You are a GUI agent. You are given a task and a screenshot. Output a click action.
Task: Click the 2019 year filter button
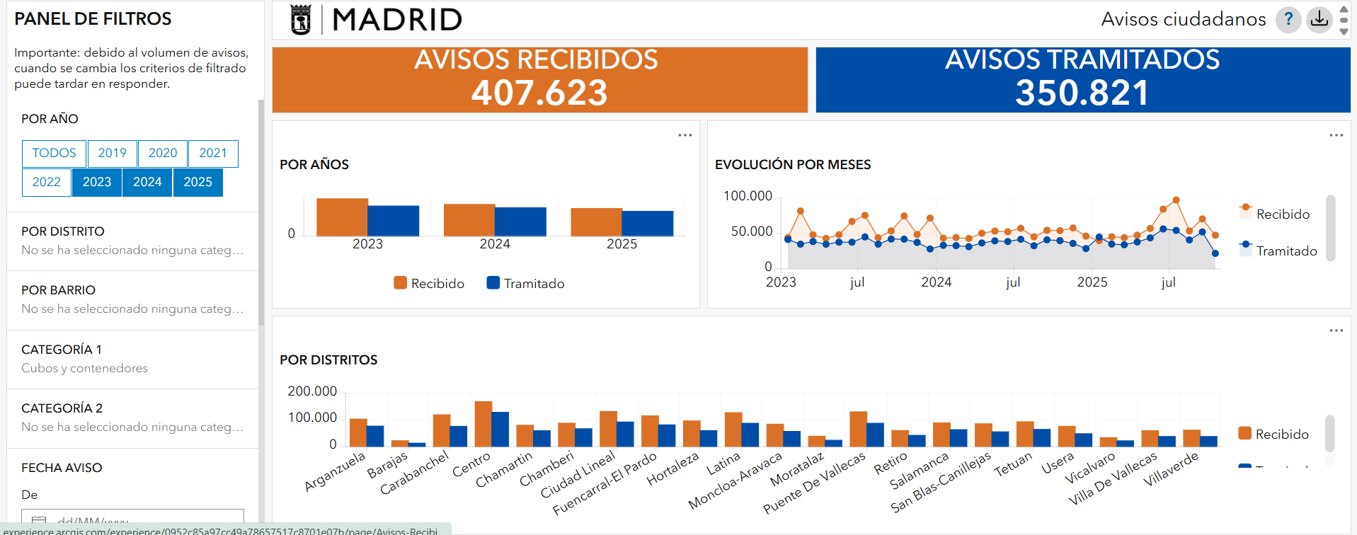coord(112,154)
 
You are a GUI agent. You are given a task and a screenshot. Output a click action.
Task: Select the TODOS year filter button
coord(54,154)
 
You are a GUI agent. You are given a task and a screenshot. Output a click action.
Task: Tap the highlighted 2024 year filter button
coord(147,183)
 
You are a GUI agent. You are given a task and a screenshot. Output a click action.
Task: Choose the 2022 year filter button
coord(47,183)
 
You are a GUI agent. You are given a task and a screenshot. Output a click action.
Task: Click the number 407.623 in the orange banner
coord(539,93)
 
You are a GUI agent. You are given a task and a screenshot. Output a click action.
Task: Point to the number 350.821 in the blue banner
coord(1082,93)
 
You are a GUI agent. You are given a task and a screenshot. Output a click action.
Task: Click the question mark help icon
coord(1288,19)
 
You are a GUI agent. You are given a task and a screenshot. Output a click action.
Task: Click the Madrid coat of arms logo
coord(301,20)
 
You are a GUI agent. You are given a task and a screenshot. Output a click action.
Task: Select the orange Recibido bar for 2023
coord(342,217)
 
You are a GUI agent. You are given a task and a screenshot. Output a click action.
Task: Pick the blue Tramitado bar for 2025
coord(648,223)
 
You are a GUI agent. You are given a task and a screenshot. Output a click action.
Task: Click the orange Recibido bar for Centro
coord(483,423)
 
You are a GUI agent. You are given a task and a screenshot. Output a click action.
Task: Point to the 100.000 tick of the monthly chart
coord(748,196)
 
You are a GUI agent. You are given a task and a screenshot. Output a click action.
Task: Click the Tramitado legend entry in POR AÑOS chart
coord(525,284)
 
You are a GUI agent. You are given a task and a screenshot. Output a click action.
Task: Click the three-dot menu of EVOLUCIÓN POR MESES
coord(1336,135)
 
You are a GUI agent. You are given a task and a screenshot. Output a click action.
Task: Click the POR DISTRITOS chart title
coord(328,359)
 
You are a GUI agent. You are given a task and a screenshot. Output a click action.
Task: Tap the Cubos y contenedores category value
coord(85,368)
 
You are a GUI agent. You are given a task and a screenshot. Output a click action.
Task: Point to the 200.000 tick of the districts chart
coord(312,391)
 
